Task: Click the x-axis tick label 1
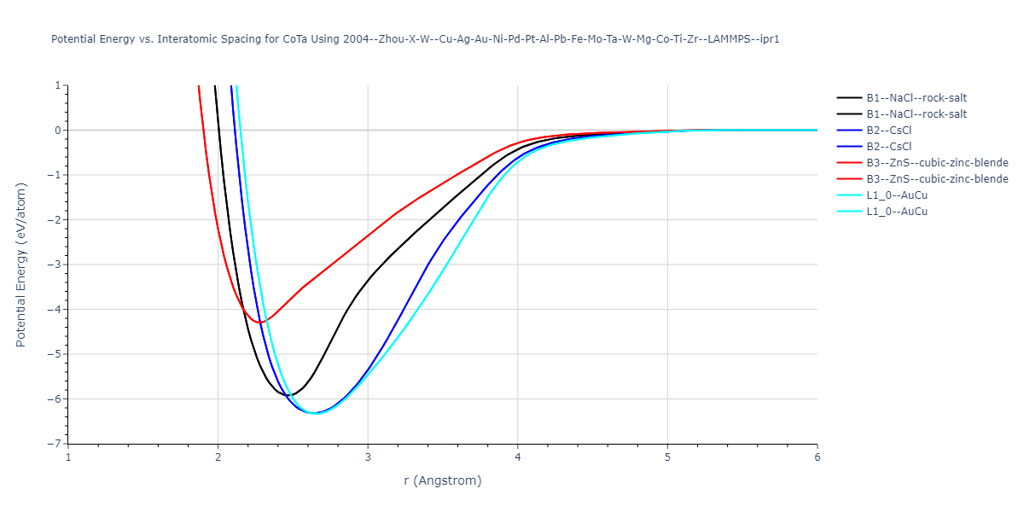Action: click(68, 457)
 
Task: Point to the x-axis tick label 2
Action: click(218, 457)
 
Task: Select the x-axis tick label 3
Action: click(368, 457)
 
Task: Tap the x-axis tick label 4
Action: click(517, 457)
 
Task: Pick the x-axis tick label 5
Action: click(667, 457)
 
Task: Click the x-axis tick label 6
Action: click(817, 457)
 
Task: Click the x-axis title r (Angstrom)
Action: click(442, 480)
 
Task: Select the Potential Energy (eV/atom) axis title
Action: click(22, 265)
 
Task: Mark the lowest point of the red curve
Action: click(259, 323)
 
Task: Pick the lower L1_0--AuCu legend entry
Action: click(897, 211)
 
